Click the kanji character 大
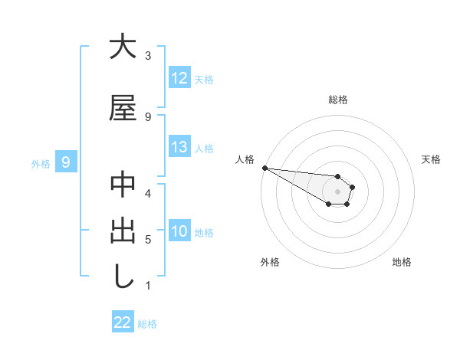click(x=123, y=47)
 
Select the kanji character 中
click(x=123, y=185)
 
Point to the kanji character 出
click(x=123, y=231)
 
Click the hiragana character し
click(x=123, y=277)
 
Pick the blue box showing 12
click(x=179, y=78)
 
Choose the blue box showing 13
click(x=179, y=147)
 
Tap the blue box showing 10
click(x=179, y=231)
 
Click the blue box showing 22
click(x=123, y=323)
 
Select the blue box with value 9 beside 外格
click(x=66, y=162)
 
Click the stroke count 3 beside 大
click(x=148, y=56)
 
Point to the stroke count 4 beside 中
click(x=148, y=193)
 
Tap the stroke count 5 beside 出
click(x=148, y=240)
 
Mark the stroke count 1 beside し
click(x=148, y=286)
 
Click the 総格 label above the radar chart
click(x=338, y=100)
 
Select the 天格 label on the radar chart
click(x=432, y=159)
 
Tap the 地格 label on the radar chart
click(x=402, y=262)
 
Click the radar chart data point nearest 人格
click(x=264, y=168)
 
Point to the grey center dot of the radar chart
click(x=338, y=191)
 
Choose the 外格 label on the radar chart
click(x=270, y=262)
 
